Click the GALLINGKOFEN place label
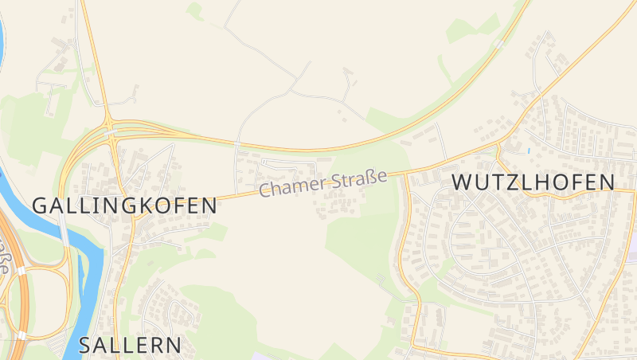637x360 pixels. tap(124, 205)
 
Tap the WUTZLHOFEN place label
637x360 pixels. tap(533, 182)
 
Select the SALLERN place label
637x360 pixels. tap(131, 346)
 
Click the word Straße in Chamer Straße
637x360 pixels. tap(360, 178)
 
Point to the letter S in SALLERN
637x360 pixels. tap(87, 346)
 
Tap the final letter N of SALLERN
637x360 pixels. tap(174, 346)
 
